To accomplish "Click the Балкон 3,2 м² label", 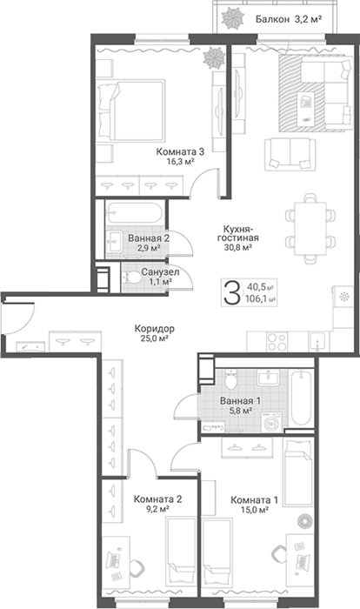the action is [289, 18].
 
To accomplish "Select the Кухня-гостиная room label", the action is [237, 233].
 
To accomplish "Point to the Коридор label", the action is [155, 329].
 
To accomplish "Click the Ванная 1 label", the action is [240, 400].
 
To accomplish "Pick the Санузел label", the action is [160, 271].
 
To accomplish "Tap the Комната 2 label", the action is [157, 499].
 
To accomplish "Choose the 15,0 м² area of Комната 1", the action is [256, 510].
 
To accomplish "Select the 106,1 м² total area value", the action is [260, 298].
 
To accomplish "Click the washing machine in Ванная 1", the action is [273, 422].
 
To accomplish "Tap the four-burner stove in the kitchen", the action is [277, 342].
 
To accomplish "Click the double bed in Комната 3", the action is [130, 110].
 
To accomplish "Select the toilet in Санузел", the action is [132, 278].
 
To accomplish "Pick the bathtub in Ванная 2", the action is [135, 212].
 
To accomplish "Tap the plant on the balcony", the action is [231, 17].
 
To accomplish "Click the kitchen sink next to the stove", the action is [318, 342].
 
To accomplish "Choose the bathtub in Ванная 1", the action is [301, 398].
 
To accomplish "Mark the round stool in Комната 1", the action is [304, 519].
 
